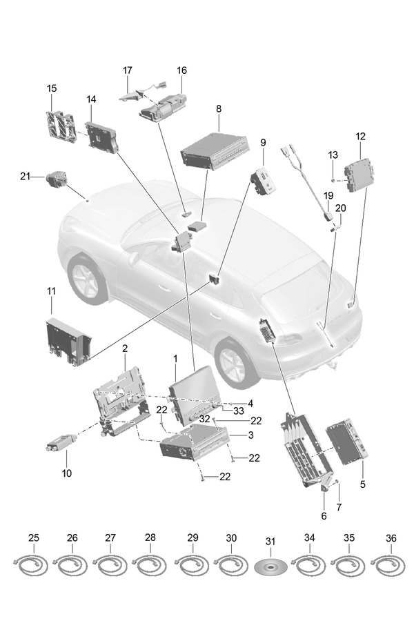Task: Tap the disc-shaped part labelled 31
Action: tap(270, 567)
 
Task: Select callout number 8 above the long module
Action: tap(219, 108)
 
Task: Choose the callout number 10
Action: tap(67, 473)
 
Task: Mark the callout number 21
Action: tap(25, 177)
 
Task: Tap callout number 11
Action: tap(52, 292)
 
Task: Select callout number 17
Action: tap(128, 70)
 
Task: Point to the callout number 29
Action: tap(193, 538)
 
